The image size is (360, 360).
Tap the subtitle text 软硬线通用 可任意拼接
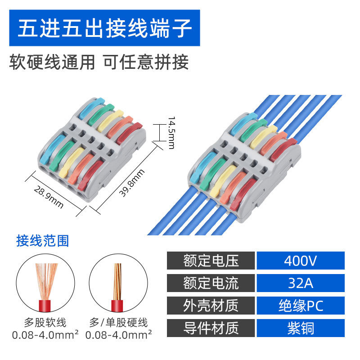[x=99, y=62]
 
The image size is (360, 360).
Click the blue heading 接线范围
[x=43, y=241]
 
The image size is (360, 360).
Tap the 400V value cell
[x=300, y=261]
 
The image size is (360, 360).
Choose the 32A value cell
[x=300, y=283]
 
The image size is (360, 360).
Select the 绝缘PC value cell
[x=300, y=306]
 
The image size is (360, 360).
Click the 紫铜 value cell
[x=300, y=328]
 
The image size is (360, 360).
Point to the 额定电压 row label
[x=211, y=261]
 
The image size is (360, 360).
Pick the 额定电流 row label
[x=211, y=283]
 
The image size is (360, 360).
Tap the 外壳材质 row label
[x=211, y=306]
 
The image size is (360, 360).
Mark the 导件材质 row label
[x=211, y=328]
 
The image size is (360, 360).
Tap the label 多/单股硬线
[x=118, y=323]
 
